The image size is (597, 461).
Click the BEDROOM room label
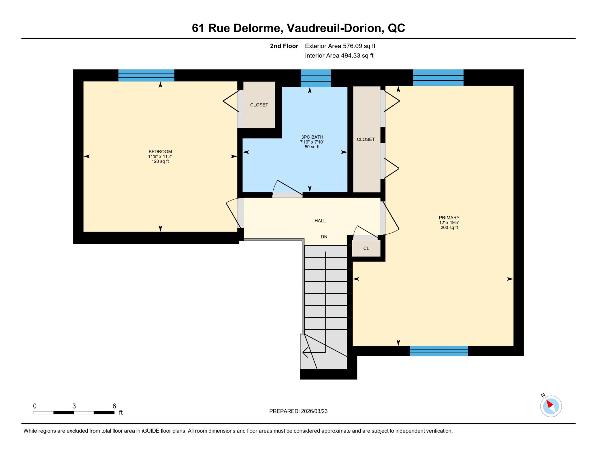(160, 152)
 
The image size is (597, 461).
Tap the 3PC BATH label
(312, 137)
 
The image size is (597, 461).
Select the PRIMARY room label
(449, 218)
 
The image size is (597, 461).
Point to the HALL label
(320, 221)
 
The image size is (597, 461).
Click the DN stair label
(324, 237)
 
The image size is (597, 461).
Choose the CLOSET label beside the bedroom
(259, 105)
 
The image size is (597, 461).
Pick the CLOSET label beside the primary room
(366, 140)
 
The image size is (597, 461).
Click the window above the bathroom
(316, 78)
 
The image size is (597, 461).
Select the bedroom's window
(146, 76)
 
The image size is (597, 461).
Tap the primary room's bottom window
(439, 351)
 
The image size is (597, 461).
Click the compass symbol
(551, 406)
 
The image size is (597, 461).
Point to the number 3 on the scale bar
(74, 406)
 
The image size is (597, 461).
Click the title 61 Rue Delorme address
(298, 28)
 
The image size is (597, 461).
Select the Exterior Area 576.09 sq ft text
(340, 46)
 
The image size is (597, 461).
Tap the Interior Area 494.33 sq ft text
(339, 56)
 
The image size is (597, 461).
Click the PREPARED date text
(298, 411)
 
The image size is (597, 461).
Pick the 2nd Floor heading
(284, 46)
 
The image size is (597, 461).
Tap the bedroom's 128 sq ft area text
(160, 161)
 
